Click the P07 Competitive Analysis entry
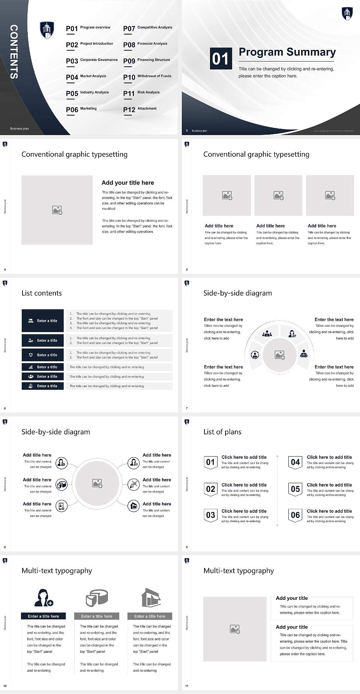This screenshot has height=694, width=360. pos(147,28)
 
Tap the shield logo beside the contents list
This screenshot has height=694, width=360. pos(47,30)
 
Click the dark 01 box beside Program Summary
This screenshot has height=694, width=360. pos(220,59)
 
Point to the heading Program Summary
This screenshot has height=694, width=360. pos(287,52)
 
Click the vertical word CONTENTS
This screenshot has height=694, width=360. pos(13,51)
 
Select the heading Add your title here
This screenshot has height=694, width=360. pos(127,183)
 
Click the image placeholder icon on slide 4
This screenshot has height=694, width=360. pos(57,210)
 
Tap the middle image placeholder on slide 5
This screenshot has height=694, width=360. pos(278,195)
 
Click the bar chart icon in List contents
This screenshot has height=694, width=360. pos(31,367)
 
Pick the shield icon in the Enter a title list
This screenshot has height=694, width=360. pos(31,355)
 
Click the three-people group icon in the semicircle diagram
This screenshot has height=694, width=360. pos(267,333)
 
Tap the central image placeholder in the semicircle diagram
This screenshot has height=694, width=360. pos(279,355)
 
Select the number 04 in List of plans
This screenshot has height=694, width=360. pos(295,462)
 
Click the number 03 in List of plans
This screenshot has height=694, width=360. pos(210,515)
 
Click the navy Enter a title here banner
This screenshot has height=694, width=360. pos(43,616)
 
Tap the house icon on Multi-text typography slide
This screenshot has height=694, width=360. pos(151,598)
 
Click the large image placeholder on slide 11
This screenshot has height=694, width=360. pos(235,629)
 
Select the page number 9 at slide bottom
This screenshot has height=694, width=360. pos(187,547)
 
